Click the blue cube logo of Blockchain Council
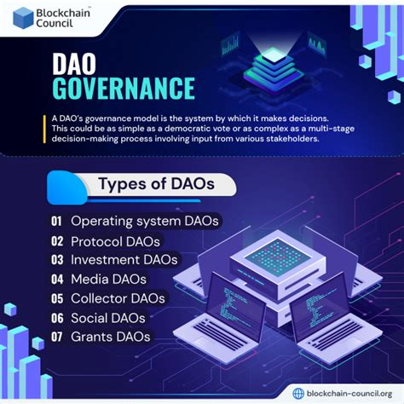tap(23, 18)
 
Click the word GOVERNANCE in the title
tap(124, 88)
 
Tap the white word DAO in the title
tap(74, 64)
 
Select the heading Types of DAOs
tap(156, 183)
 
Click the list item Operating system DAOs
tap(145, 222)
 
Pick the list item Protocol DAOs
tap(115, 241)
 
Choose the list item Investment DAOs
tap(124, 260)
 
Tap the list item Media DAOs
tap(108, 280)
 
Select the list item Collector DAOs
tap(118, 298)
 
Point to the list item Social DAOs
tap(108, 318)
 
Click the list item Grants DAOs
tap(111, 337)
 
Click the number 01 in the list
tap(56, 221)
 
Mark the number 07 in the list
tap(56, 337)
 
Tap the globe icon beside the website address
tap(298, 394)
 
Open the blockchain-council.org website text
tap(349, 394)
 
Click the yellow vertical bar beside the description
tap(44, 129)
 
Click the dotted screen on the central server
tap(278, 257)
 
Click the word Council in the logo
tap(55, 23)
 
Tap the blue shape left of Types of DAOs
tap(67, 188)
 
